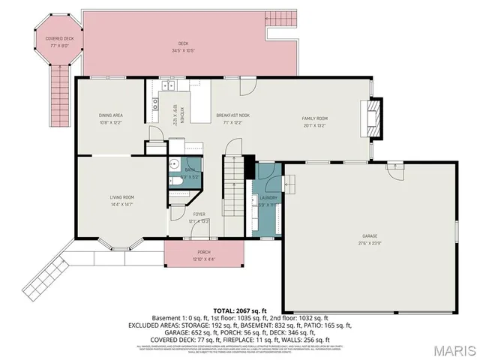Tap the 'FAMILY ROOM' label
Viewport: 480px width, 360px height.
[315, 118]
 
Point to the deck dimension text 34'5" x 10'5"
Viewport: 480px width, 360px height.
[184, 51]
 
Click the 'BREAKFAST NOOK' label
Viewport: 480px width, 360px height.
[232, 115]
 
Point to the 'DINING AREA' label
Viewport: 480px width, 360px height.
[110, 115]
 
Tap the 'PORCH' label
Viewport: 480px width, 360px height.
[203, 252]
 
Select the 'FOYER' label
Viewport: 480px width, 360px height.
[199, 214]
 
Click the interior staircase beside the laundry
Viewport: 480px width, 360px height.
[235, 191]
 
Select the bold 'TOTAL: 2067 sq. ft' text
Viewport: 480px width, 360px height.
[240, 309]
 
